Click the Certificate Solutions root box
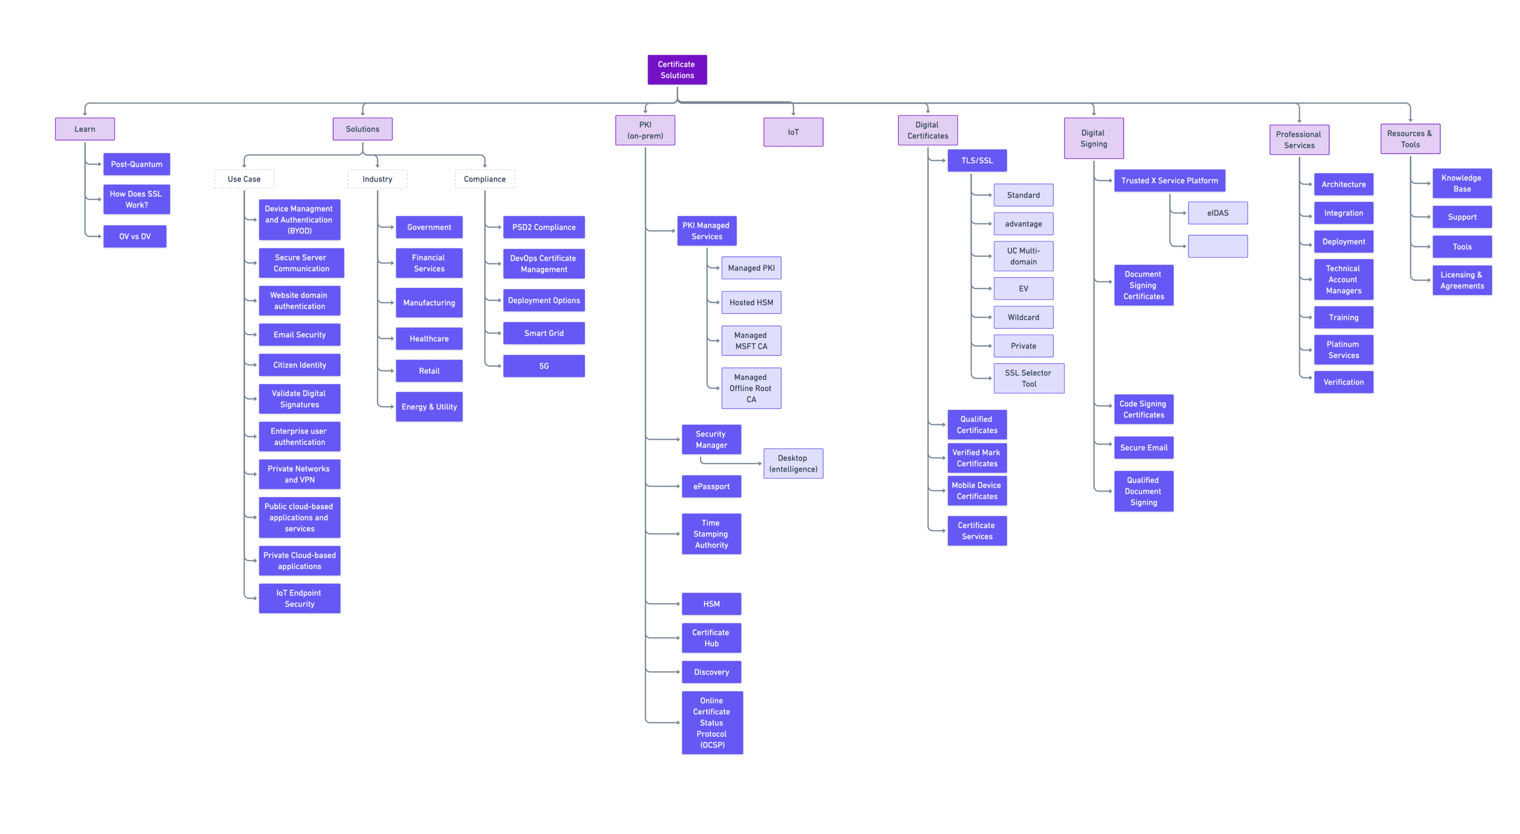coord(677,70)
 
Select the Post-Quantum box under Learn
coord(136,164)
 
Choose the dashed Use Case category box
coord(244,179)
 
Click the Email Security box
coord(299,335)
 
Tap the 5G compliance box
coord(544,366)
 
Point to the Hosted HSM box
coord(751,302)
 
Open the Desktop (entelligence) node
coord(793,463)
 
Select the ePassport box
coord(711,486)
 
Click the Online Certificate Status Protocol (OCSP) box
coord(712,722)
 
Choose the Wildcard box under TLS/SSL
coord(1023,317)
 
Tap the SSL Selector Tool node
coord(1028,378)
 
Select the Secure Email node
coord(1144,447)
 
